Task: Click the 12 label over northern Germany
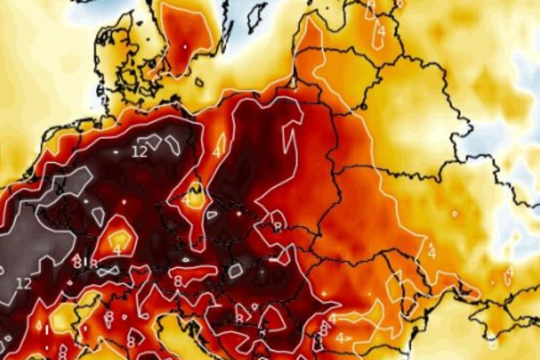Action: tap(140, 152)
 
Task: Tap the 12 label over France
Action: tap(24, 284)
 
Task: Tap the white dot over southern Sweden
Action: tap(185, 47)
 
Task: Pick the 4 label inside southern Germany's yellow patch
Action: tap(117, 250)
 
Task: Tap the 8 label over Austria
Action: tap(178, 281)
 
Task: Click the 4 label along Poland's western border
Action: tap(216, 152)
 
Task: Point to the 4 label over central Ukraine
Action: tap(432, 252)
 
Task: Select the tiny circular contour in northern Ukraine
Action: tap(454, 214)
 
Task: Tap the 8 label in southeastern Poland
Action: tap(277, 226)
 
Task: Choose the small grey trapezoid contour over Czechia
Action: tap(212, 215)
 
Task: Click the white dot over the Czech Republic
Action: tap(239, 214)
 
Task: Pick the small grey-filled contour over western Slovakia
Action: tap(235, 271)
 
